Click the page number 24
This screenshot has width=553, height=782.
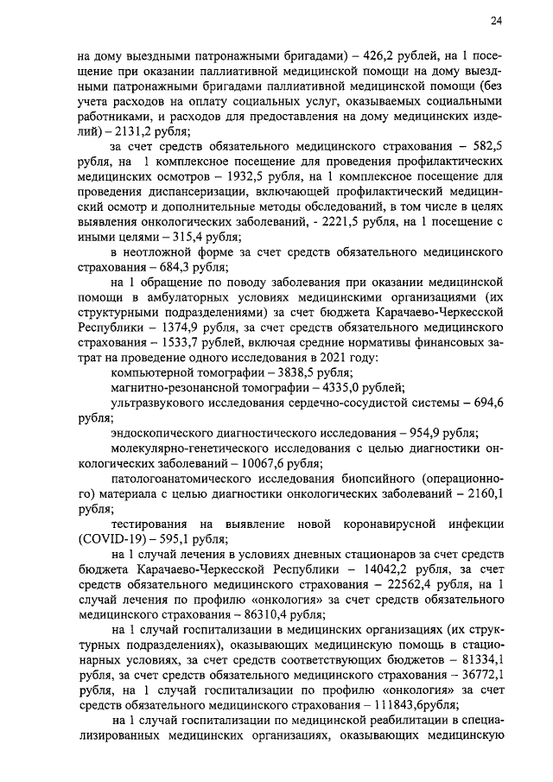(497, 20)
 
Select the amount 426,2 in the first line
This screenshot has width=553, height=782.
(377, 49)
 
